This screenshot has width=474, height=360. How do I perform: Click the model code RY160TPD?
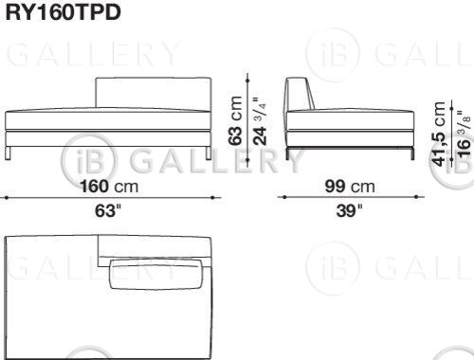(x=64, y=12)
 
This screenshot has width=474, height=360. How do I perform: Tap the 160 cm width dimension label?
(x=109, y=186)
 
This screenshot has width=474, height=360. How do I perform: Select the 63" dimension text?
(x=108, y=210)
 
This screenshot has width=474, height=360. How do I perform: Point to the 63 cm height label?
(x=235, y=120)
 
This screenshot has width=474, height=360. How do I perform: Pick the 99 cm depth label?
(x=350, y=186)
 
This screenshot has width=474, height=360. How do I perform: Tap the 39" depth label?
(x=349, y=210)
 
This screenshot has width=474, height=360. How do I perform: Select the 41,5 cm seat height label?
(x=439, y=134)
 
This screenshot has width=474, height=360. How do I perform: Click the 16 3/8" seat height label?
(x=464, y=134)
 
